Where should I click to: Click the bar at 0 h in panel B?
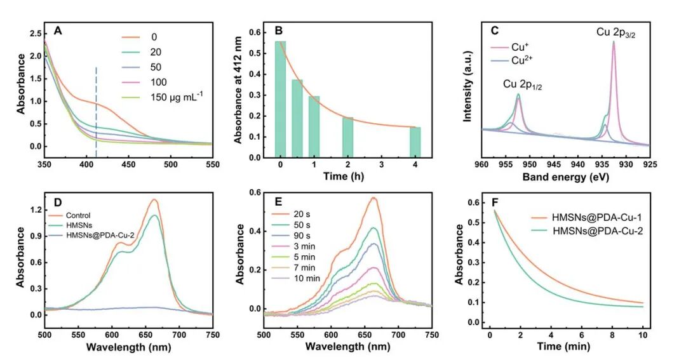click(280, 99)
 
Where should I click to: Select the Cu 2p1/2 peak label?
click(523, 84)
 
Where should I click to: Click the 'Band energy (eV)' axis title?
click(565, 177)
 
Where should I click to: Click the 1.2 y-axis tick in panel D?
click(36, 210)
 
